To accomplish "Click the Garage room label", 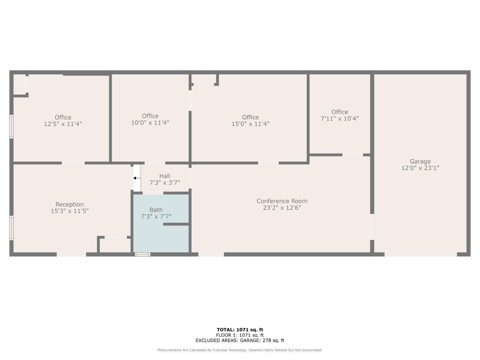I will coord(420,162).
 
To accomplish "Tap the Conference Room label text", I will coord(282,201).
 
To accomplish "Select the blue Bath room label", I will coord(156,210).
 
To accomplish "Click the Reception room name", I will coord(69,204).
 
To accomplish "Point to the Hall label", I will coord(165,176).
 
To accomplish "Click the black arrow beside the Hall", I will coord(137,178).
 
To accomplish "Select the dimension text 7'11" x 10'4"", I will coord(340,118).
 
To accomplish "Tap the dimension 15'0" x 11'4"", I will coord(250,124).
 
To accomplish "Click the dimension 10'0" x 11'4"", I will coord(150,123).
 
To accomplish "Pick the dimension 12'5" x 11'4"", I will coord(63,124).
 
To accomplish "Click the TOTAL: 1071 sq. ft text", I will coord(240,330).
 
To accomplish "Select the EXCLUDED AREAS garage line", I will coord(240,340).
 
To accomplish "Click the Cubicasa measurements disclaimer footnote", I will coord(240,350).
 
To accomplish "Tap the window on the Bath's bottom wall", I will coord(142,254).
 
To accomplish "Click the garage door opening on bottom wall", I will coord(420,254).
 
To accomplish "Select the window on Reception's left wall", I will coord(12,228).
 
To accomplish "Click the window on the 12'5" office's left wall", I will coord(12,126).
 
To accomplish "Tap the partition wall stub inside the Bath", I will coord(176,224).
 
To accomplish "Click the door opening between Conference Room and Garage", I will coord(372,227).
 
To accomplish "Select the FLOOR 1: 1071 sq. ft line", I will coord(240,335).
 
